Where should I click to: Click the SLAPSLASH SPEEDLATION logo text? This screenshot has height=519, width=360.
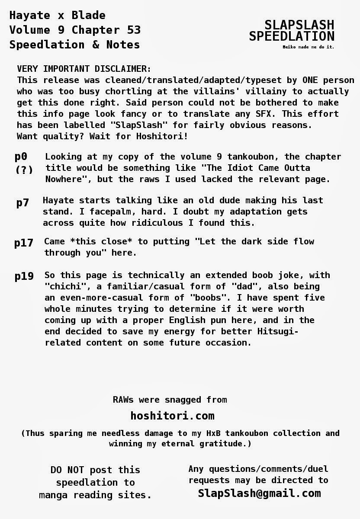coord(292,30)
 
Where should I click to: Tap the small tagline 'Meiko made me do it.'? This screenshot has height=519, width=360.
coord(308,47)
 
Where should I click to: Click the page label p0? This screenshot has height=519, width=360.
coord(21,157)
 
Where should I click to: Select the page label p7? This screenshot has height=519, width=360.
coord(22,202)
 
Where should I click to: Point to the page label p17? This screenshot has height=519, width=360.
coord(24,243)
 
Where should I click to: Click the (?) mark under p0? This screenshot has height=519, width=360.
coord(24,170)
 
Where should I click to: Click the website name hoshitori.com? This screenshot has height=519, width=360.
coord(172,416)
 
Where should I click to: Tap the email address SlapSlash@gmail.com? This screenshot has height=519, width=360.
coord(259,493)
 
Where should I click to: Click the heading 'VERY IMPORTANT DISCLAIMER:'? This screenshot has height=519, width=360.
coord(84,69)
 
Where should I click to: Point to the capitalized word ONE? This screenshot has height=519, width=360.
coord(310,80)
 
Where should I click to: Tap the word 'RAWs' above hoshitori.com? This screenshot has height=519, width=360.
coord(123,400)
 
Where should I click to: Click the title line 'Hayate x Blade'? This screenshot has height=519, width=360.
coord(57,16)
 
